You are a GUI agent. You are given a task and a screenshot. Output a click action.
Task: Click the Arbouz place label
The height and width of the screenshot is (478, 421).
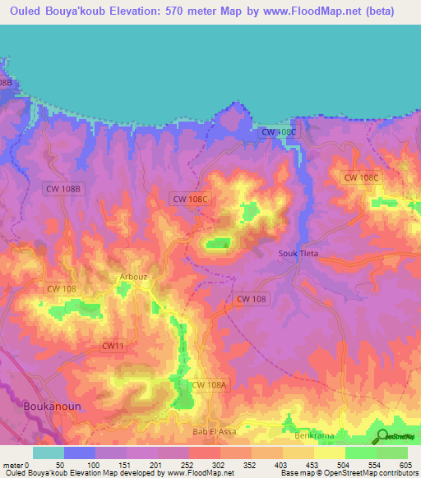point(134,277)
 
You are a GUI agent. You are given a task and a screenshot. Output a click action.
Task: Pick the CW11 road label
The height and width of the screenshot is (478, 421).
point(113,347)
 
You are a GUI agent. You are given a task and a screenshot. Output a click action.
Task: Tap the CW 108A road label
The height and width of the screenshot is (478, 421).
point(209,384)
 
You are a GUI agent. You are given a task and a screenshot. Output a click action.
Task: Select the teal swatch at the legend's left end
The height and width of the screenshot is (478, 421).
point(48,453)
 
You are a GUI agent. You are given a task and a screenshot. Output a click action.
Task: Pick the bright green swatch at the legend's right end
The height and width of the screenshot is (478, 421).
point(392,453)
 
